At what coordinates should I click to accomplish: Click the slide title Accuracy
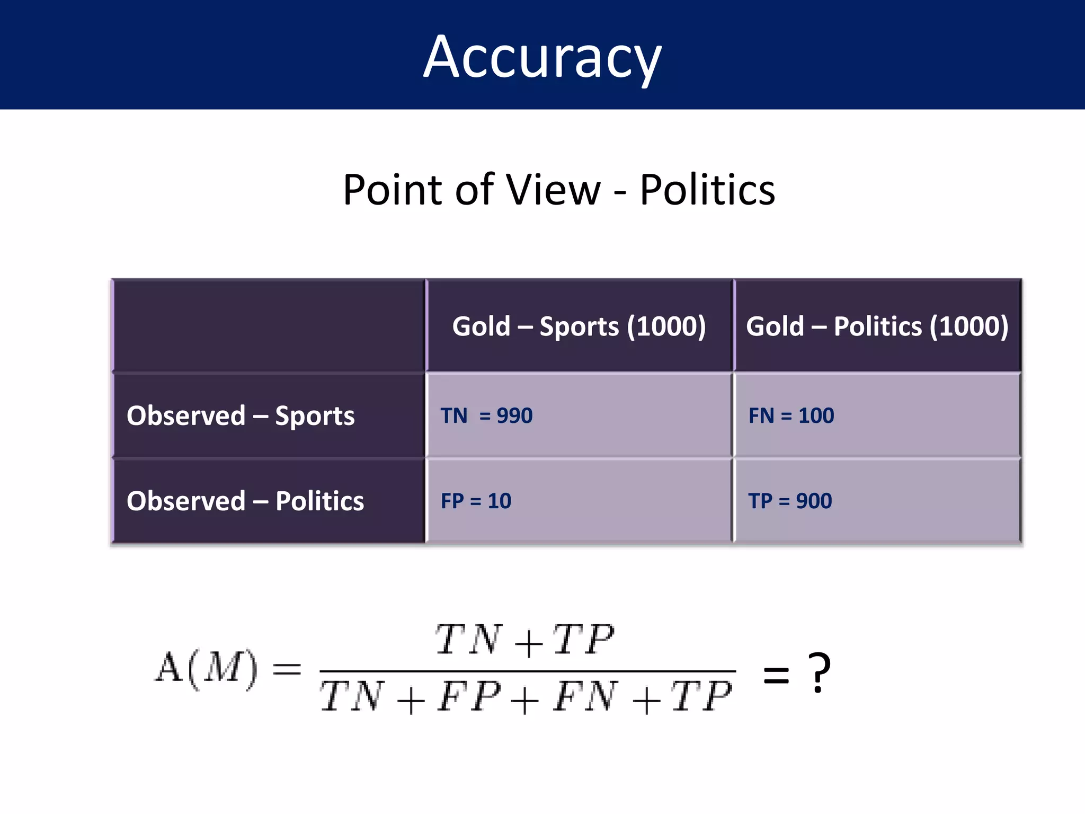click(x=542, y=57)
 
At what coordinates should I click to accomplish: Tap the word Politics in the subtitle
click(x=707, y=189)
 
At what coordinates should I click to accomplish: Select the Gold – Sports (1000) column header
click(x=579, y=326)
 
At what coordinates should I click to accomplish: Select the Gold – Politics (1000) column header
click(x=877, y=326)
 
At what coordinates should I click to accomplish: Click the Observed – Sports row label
click(x=241, y=415)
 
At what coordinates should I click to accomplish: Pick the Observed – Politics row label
click(x=245, y=501)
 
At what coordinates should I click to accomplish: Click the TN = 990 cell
click(x=486, y=415)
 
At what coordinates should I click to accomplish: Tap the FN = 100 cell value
click(x=791, y=415)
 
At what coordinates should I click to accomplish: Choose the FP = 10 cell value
click(x=476, y=501)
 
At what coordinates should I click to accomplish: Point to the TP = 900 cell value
click(x=790, y=501)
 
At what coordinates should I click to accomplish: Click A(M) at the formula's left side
click(x=206, y=669)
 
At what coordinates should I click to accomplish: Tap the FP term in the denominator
click(x=469, y=696)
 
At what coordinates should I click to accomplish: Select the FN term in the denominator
click(x=585, y=696)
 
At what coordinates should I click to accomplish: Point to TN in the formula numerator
click(x=468, y=640)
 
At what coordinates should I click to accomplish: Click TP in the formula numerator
click(x=583, y=640)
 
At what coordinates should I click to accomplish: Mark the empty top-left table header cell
click(x=269, y=325)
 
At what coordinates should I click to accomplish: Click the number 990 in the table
click(x=514, y=415)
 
